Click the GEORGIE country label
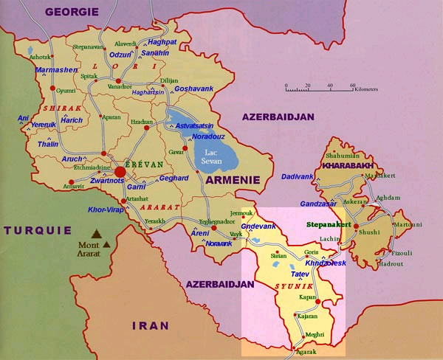(x=73, y=10)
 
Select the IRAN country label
(x=150, y=325)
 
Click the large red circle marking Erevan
(x=120, y=172)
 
